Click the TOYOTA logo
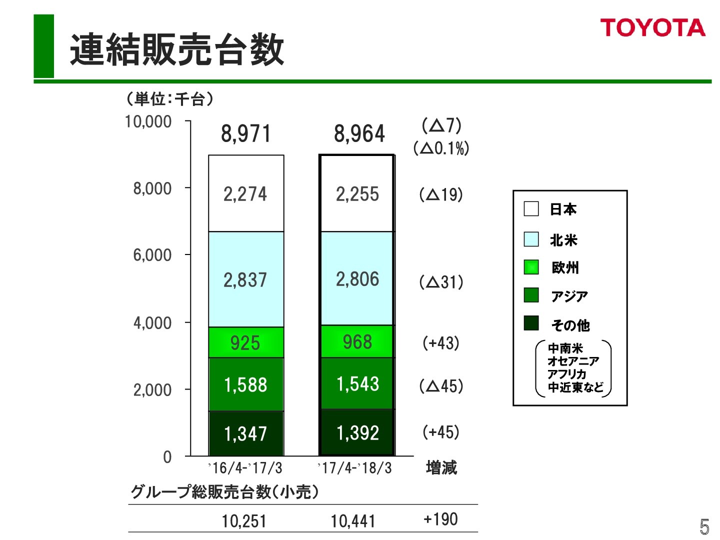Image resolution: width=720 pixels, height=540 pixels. pos(652,28)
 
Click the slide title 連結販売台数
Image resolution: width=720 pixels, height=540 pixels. pos(177,49)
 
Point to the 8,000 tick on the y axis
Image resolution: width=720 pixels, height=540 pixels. pos(152,188)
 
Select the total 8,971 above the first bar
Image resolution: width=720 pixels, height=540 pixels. pos(245,134)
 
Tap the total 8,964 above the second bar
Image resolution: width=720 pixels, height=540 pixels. pos(359,134)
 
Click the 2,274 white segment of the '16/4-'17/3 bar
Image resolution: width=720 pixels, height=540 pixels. pos(245,194)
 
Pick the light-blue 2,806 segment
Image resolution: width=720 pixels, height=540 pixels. pos(357,279)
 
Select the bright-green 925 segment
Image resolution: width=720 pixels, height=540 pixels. pos(245,343)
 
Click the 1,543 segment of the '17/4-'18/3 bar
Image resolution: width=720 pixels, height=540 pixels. pos(357,384)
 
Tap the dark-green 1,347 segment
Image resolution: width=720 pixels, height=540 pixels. pos(245,433)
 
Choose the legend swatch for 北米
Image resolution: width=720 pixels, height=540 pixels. pos(531,239)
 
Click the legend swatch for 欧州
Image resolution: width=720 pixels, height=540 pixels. pos(531,267)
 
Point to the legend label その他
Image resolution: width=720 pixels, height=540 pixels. pos(570,325)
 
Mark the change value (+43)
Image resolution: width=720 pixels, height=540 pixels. pos(441,343)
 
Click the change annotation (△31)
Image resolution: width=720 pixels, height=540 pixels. pos(441,282)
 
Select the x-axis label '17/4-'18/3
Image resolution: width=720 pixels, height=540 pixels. pos(355,468)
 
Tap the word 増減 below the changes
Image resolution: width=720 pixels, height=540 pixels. pos(441,468)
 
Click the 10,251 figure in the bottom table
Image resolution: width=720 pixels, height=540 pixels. pos(244,521)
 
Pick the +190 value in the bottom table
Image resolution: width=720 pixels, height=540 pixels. pos(440,519)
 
